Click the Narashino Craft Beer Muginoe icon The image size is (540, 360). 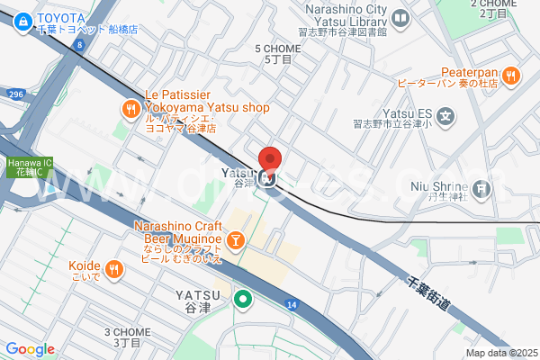234,239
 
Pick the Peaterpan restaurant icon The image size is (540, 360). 510,76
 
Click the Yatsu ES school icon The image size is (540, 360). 447,115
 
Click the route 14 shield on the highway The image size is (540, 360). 292,305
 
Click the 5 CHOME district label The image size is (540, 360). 277,53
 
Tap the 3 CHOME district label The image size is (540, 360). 127,337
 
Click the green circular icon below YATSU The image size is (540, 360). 241,299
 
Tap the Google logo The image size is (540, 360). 30,349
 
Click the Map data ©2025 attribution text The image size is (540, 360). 499,353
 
